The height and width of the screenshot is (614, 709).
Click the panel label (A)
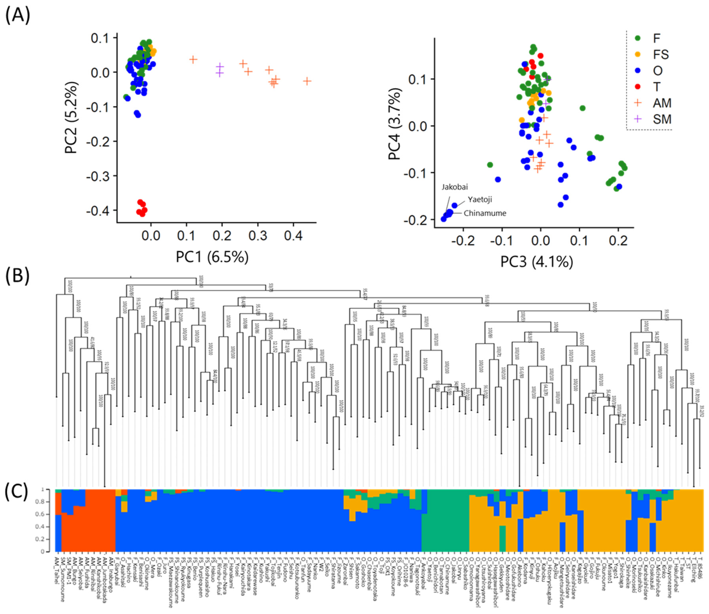(x=17, y=15)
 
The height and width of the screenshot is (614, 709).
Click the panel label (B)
(x=17, y=277)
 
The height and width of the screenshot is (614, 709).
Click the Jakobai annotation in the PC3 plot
(x=454, y=187)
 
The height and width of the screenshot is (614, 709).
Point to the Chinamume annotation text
(x=485, y=213)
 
